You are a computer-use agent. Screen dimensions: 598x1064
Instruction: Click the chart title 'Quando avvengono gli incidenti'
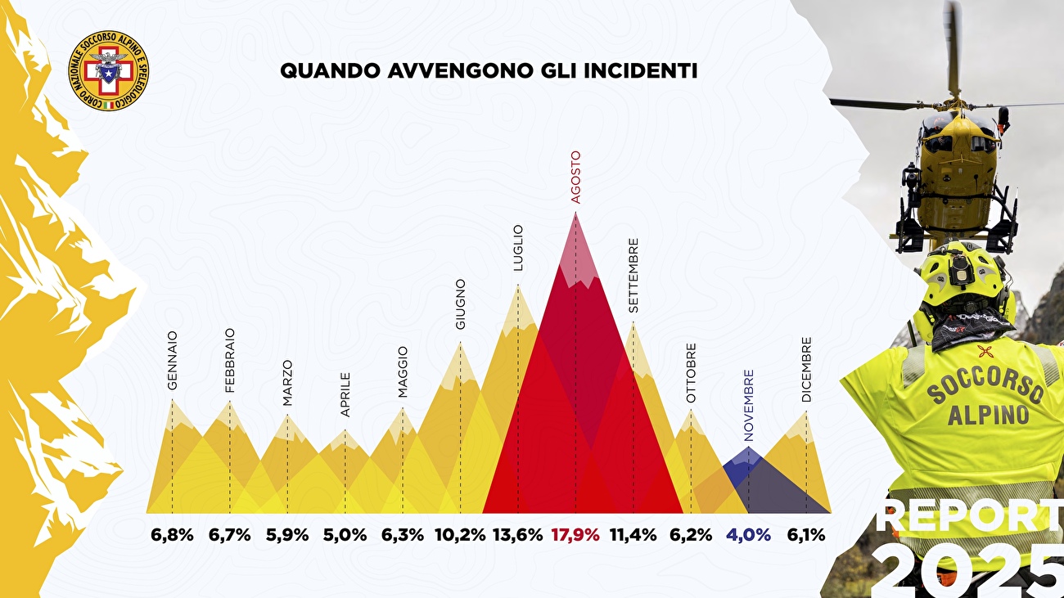[489, 71]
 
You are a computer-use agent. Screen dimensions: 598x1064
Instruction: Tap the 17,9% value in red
[575, 536]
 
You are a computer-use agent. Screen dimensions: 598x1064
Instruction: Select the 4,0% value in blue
[748, 536]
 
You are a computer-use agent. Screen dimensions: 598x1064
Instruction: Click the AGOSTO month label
[575, 177]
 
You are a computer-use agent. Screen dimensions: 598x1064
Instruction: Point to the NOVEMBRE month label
[749, 406]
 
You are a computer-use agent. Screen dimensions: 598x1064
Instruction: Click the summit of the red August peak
[575, 214]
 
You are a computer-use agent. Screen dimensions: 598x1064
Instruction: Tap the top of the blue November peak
[749, 449]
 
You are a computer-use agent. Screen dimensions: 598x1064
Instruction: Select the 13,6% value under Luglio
[517, 536]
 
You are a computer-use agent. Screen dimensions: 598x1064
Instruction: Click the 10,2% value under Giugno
[460, 536]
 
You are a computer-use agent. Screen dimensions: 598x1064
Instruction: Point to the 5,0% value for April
[345, 536]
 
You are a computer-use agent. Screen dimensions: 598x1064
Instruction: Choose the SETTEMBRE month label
[633, 276]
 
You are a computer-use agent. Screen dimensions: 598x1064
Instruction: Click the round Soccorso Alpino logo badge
[108, 70]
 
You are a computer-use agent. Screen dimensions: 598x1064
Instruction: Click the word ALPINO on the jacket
[988, 416]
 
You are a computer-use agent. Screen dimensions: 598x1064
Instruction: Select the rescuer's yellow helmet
[963, 278]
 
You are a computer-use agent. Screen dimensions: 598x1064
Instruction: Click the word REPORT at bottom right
[969, 517]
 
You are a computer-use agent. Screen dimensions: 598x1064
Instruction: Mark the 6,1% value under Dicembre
[805, 536]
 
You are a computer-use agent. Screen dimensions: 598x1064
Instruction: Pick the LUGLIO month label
[518, 248]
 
